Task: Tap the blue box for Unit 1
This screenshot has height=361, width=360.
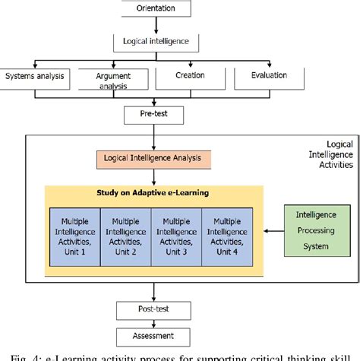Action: [74, 236]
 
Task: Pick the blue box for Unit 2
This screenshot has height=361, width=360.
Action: [126, 236]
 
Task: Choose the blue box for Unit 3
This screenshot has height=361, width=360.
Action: [176, 236]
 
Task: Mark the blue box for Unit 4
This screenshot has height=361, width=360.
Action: [227, 236]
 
